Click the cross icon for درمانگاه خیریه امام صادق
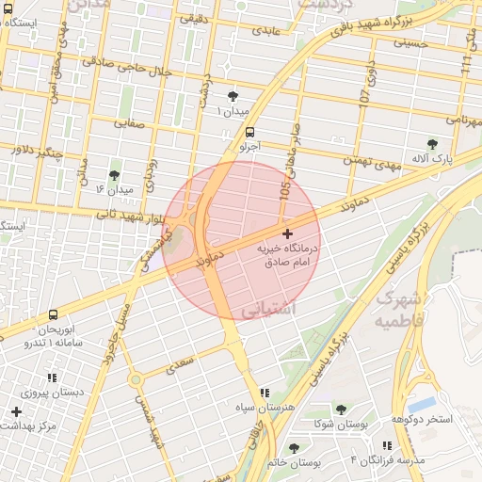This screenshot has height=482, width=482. pyautogui.click(x=287, y=233)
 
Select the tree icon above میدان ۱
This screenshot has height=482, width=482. pyautogui.click(x=233, y=96)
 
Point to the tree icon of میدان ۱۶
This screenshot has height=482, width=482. pyautogui.click(x=114, y=175)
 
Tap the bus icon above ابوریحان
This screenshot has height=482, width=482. pyautogui.click(x=52, y=314)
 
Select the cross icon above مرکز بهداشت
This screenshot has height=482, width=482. pyautogui.click(x=16, y=411)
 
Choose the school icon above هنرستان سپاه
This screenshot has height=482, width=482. pyautogui.click(x=264, y=392)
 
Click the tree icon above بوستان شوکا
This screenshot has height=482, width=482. pyautogui.click(x=341, y=410)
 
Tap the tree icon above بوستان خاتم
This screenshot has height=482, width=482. pyautogui.click(x=295, y=448)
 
